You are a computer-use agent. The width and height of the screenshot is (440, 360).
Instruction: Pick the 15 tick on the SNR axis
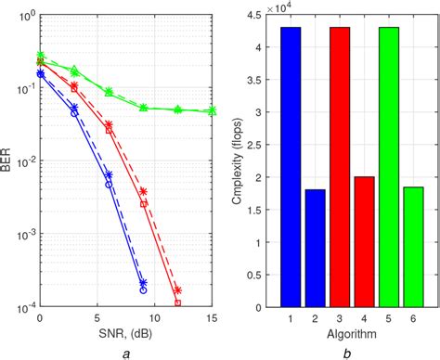213,317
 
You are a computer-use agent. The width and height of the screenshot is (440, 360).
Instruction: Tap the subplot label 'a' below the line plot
125,352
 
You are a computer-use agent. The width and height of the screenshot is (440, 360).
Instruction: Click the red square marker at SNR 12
177,302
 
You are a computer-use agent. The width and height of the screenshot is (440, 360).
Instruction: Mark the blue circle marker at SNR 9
143,289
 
